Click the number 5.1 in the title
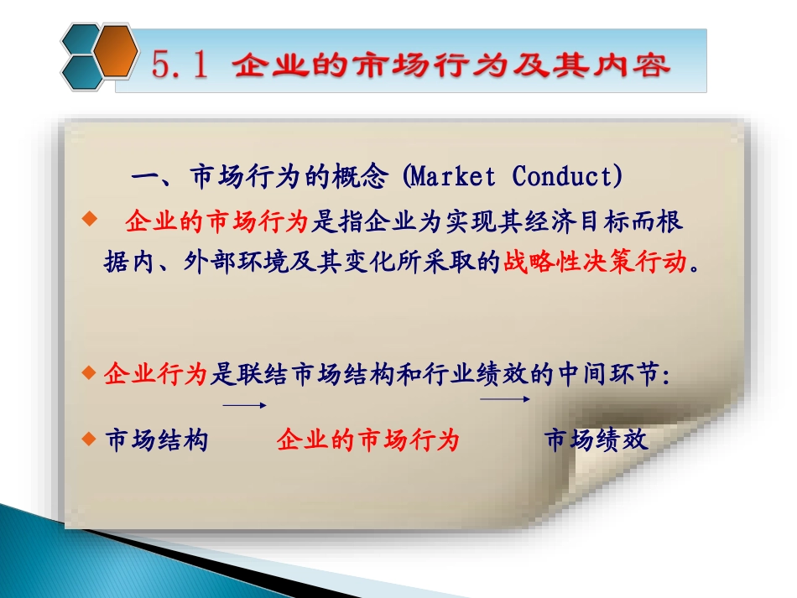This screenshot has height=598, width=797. [179, 65]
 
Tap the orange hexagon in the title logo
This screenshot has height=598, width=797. [115, 49]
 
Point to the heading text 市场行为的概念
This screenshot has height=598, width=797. [289, 177]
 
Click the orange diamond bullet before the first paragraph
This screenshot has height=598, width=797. [91, 220]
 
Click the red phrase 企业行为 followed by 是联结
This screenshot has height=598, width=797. [154, 375]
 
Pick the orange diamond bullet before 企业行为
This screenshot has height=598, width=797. [91, 373]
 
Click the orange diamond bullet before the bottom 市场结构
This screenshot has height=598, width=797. [91, 438]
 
